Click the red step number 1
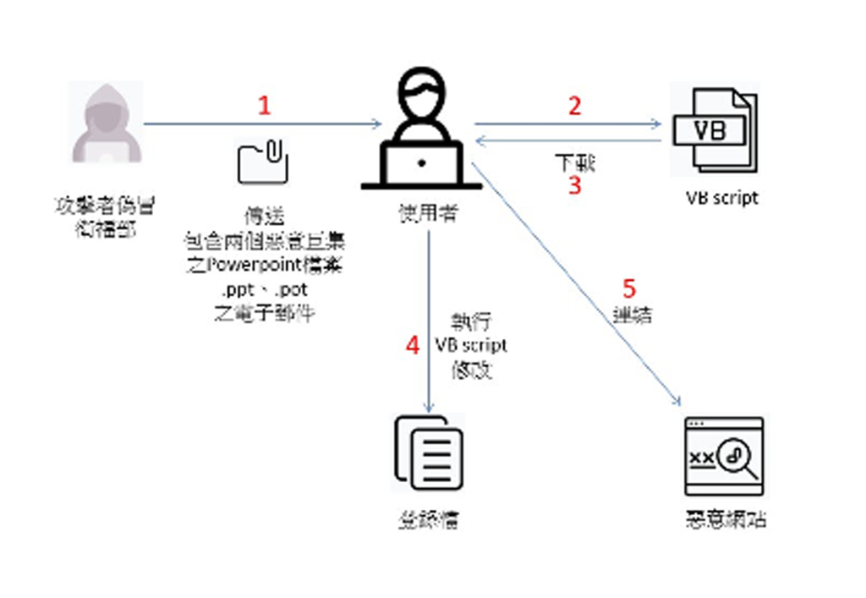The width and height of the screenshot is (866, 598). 265,106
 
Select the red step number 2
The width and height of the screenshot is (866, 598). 575,106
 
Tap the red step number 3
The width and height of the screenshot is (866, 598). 575,185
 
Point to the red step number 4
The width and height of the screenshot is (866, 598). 413,346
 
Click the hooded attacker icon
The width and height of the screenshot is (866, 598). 103,125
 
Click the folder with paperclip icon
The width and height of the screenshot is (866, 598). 263,162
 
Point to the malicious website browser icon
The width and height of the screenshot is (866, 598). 724,457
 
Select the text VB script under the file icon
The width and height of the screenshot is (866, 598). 722,198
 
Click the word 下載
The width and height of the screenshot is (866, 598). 575,162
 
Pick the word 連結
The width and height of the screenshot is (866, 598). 632,315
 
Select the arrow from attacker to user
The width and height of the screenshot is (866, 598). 263,125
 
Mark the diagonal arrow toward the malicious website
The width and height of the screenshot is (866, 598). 575,279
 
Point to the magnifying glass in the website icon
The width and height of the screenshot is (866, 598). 733,458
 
